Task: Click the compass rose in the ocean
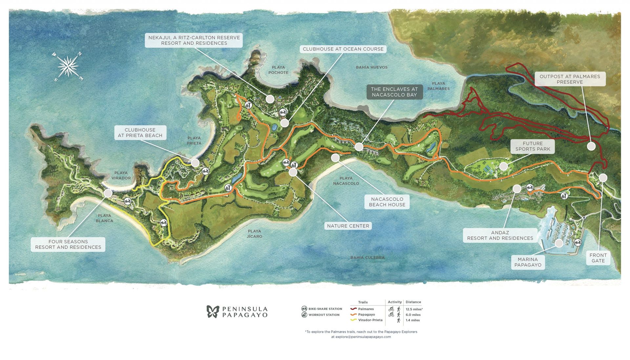68,67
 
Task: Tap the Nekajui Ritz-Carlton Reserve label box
194,40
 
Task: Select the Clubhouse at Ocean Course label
343,49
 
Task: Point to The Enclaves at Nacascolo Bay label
394,92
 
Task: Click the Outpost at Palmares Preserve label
570,79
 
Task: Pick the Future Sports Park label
533,146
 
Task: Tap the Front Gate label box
598,258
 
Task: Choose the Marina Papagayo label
528,262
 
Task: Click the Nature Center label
348,226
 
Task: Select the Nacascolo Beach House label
387,202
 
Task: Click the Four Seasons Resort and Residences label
68,244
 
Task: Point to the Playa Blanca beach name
104,218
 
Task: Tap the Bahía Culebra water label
367,258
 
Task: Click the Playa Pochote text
278,70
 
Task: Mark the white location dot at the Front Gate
603,178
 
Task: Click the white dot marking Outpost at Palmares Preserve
591,146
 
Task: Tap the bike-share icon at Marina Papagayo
577,243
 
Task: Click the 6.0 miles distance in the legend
413,315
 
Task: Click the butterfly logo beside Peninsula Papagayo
213,311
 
